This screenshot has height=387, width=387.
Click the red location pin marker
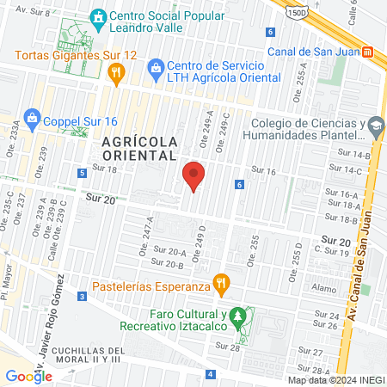coord(193,176)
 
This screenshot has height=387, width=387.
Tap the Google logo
coord(28,376)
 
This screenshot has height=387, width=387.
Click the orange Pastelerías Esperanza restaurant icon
coord(222,282)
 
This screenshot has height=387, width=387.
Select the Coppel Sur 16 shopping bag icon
coord(32,117)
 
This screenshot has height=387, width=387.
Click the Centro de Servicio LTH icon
coord(156,67)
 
